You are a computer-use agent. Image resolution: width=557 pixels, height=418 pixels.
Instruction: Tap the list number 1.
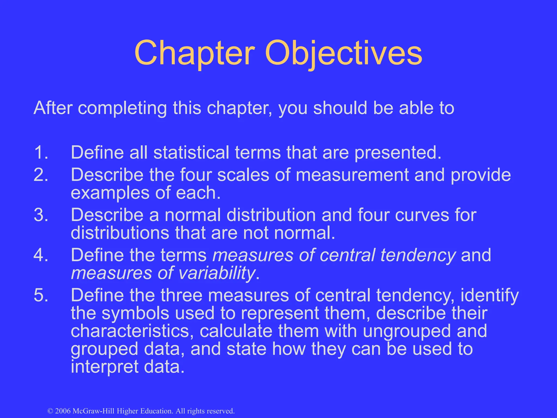tap(41, 152)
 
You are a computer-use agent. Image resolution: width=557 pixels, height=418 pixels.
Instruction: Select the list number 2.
tap(41, 175)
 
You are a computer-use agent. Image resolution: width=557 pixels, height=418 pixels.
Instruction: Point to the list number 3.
tap(41, 215)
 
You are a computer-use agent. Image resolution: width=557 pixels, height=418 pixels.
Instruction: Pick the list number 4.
tap(41, 255)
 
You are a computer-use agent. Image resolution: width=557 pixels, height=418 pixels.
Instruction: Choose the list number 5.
tap(41, 296)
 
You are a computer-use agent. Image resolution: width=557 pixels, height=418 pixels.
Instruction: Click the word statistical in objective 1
tap(191, 152)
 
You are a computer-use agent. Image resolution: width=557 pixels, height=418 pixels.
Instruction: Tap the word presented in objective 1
tap(397, 153)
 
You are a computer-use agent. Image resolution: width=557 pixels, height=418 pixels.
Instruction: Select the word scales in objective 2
tap(243, 175)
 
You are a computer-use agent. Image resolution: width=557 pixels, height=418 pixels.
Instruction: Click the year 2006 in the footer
tap(63, 411)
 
